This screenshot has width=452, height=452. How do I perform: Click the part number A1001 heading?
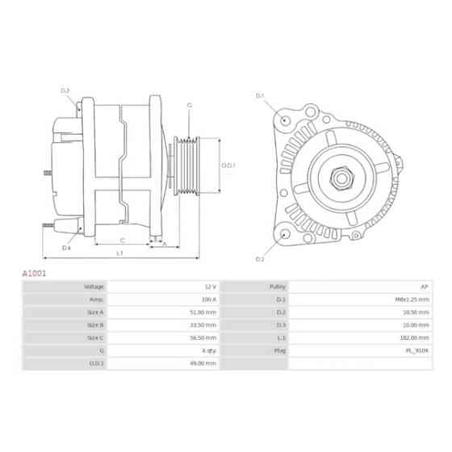[x=34, y=274]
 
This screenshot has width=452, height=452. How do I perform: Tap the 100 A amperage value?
[x=209, y=299]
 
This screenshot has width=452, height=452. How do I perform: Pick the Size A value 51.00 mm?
[x=206, y=312]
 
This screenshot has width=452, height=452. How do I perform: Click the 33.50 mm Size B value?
[x=206, y=325]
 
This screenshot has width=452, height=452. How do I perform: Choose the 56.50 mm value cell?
[x=206, y=338]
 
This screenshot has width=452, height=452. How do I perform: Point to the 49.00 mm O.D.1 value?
[x=206, y=364]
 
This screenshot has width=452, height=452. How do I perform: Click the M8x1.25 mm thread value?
[x=415, y=299]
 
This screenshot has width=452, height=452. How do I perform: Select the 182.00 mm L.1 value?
[x=416, y=338]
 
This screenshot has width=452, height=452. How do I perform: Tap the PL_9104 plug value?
[x=419, y=351]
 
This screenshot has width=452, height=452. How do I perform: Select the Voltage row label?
[x=94, y=287]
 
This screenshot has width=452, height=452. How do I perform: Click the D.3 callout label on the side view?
[x=65, y=90]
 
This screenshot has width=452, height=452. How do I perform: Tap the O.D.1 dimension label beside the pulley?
[x=228, y=165]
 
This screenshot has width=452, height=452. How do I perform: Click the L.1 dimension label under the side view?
[x=119, y=253]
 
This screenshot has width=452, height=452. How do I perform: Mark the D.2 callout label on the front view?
[x=261, y=259]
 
